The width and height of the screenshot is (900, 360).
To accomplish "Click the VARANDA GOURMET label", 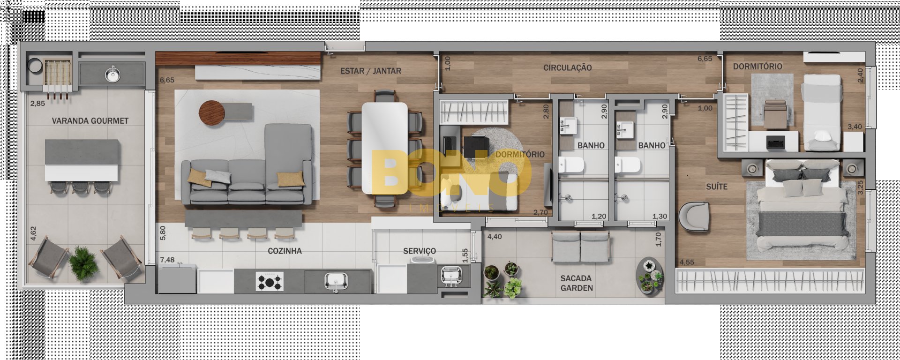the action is pyautogui.click(x=90, y=121).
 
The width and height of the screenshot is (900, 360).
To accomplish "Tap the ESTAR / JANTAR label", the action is pyautogui.click(x=371, y=71).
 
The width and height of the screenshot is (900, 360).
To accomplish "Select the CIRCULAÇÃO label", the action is pyautogui.click(x=568, y=68).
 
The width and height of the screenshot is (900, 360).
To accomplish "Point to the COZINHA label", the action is pyautogui.click(x=285, y=251).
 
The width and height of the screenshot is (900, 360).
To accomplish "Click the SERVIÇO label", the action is pyautogui.click(x=420, y=251).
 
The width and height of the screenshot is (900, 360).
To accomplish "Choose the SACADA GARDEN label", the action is pyautogui.click(x=577, y=283).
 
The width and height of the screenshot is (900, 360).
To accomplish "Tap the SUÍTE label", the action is pyautogui.click(x=717, y=187).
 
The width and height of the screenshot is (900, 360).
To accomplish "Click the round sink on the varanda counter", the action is pyautogui.click(x=112, y=74).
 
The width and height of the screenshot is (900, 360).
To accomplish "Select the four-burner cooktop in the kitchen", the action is pyautogui.click(x=270, y=282).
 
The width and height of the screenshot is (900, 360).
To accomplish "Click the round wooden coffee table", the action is pyautogui.click(x=212, y=113).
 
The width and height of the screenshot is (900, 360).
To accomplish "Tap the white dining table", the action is pyautogui.click(x=384, y=148).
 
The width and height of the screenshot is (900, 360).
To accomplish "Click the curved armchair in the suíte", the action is pyautogui.click(x=694, y=216).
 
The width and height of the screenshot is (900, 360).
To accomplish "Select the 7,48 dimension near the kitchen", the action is pyautogui.click(x=167, y=260).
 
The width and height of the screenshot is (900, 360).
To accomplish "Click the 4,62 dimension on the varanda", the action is pyautogui.click(x=33, y=233).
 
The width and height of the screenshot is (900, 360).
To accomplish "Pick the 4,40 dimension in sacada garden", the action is pyautogui.click(x=495, y=237).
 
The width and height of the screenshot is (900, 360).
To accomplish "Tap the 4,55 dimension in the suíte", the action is pyautogui.click(x=687, y=262).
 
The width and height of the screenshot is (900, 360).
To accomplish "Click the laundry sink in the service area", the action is pyautogui.click(x=451, y=276).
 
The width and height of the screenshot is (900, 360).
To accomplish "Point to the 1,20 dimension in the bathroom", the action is pyautogui.click(x=599, y=216).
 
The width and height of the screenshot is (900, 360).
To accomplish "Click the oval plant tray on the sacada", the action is pyautogui.click(x=650, y=277).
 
